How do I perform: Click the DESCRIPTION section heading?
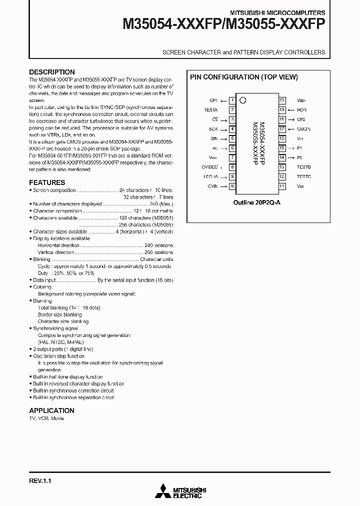52,72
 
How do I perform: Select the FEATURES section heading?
47,182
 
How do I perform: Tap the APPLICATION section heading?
51,410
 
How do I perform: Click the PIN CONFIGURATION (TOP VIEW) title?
243,77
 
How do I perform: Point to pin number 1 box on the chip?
232,100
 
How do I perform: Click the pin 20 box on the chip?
282,100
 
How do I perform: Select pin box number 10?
232,186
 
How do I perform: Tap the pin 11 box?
282,186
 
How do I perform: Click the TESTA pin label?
211,110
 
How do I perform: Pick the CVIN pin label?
212,186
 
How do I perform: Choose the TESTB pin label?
303,167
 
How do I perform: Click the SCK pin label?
213,129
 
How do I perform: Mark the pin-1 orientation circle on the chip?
243,100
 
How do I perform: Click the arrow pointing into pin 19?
290,110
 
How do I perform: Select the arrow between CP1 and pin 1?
223,100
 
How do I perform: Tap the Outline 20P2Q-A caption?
257,202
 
